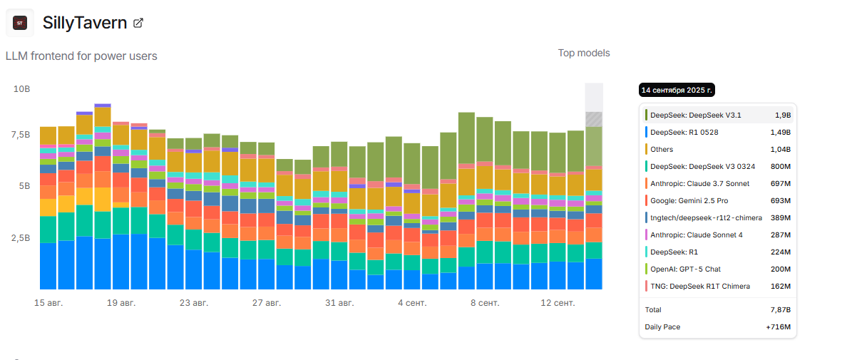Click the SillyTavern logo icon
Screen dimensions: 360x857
click(20, 23)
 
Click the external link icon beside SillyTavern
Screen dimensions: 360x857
click(138, 23)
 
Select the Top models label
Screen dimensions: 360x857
click(583, 53)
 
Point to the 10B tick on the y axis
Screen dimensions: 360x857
click(22, 89)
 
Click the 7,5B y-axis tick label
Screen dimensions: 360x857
click(20, 135)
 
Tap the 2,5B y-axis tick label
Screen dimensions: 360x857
click(20, 237)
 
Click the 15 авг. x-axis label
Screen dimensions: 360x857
click(48, 303)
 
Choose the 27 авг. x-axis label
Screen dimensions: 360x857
click(267, 303)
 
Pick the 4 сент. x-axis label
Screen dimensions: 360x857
click(412, 303)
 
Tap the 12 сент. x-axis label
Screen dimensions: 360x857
click(558, 303)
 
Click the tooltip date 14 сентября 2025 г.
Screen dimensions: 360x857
click(677, 90)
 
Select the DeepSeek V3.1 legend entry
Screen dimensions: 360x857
click(695, 115)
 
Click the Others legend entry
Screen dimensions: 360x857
click(662, 149)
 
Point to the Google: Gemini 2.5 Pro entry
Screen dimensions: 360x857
click(689, 200)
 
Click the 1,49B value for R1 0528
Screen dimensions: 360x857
click(781, 132)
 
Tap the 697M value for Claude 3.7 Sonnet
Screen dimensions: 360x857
click(781, 183)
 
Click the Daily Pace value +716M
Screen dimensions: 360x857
click(779, 327)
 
